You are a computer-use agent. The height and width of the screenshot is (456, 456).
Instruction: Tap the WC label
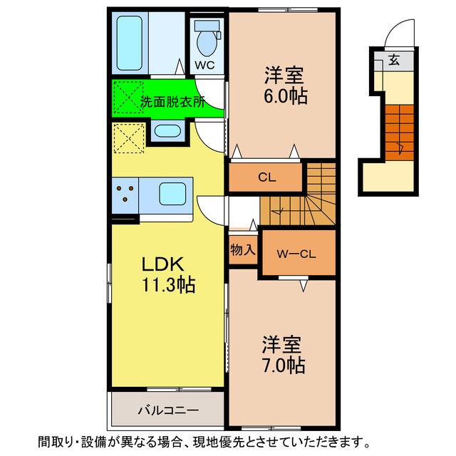coord(205,65)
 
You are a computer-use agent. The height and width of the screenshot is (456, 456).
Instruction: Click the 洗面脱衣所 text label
coord(172,101)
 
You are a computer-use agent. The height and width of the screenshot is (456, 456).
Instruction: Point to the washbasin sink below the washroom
coord(167,131)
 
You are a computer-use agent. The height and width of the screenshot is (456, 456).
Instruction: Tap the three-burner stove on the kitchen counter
coord(126,195)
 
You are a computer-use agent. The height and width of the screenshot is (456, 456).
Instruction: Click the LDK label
coord(163,264)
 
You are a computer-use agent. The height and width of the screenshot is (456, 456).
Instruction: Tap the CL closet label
coord(267,177)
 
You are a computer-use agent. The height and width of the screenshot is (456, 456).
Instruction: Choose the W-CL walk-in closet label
coord(297,253)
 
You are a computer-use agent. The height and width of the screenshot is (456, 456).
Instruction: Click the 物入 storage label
coord(243,250)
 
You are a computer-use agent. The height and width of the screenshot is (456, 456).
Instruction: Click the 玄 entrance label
coord(394,61)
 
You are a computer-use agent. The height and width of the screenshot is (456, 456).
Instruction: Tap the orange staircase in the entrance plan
coord(400,132)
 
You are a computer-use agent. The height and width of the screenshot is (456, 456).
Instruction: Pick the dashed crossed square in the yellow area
coord(128,137)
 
